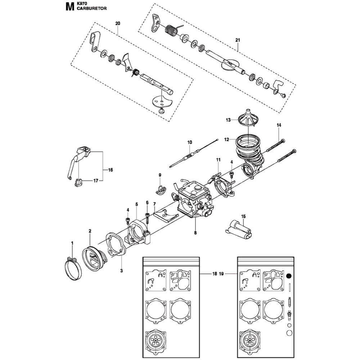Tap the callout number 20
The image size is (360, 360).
[118, 23]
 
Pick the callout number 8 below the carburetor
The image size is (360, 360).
[195, 233]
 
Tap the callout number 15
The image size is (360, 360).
[243, 216]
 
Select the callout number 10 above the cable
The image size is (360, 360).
[190, 142]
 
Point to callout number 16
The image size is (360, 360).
[111, 170]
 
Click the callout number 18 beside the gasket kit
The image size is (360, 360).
[215, 274]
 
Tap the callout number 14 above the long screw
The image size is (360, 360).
[279, 125]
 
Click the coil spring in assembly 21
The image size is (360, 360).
[172, 30]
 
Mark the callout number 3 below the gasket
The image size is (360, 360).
[121, 270]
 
